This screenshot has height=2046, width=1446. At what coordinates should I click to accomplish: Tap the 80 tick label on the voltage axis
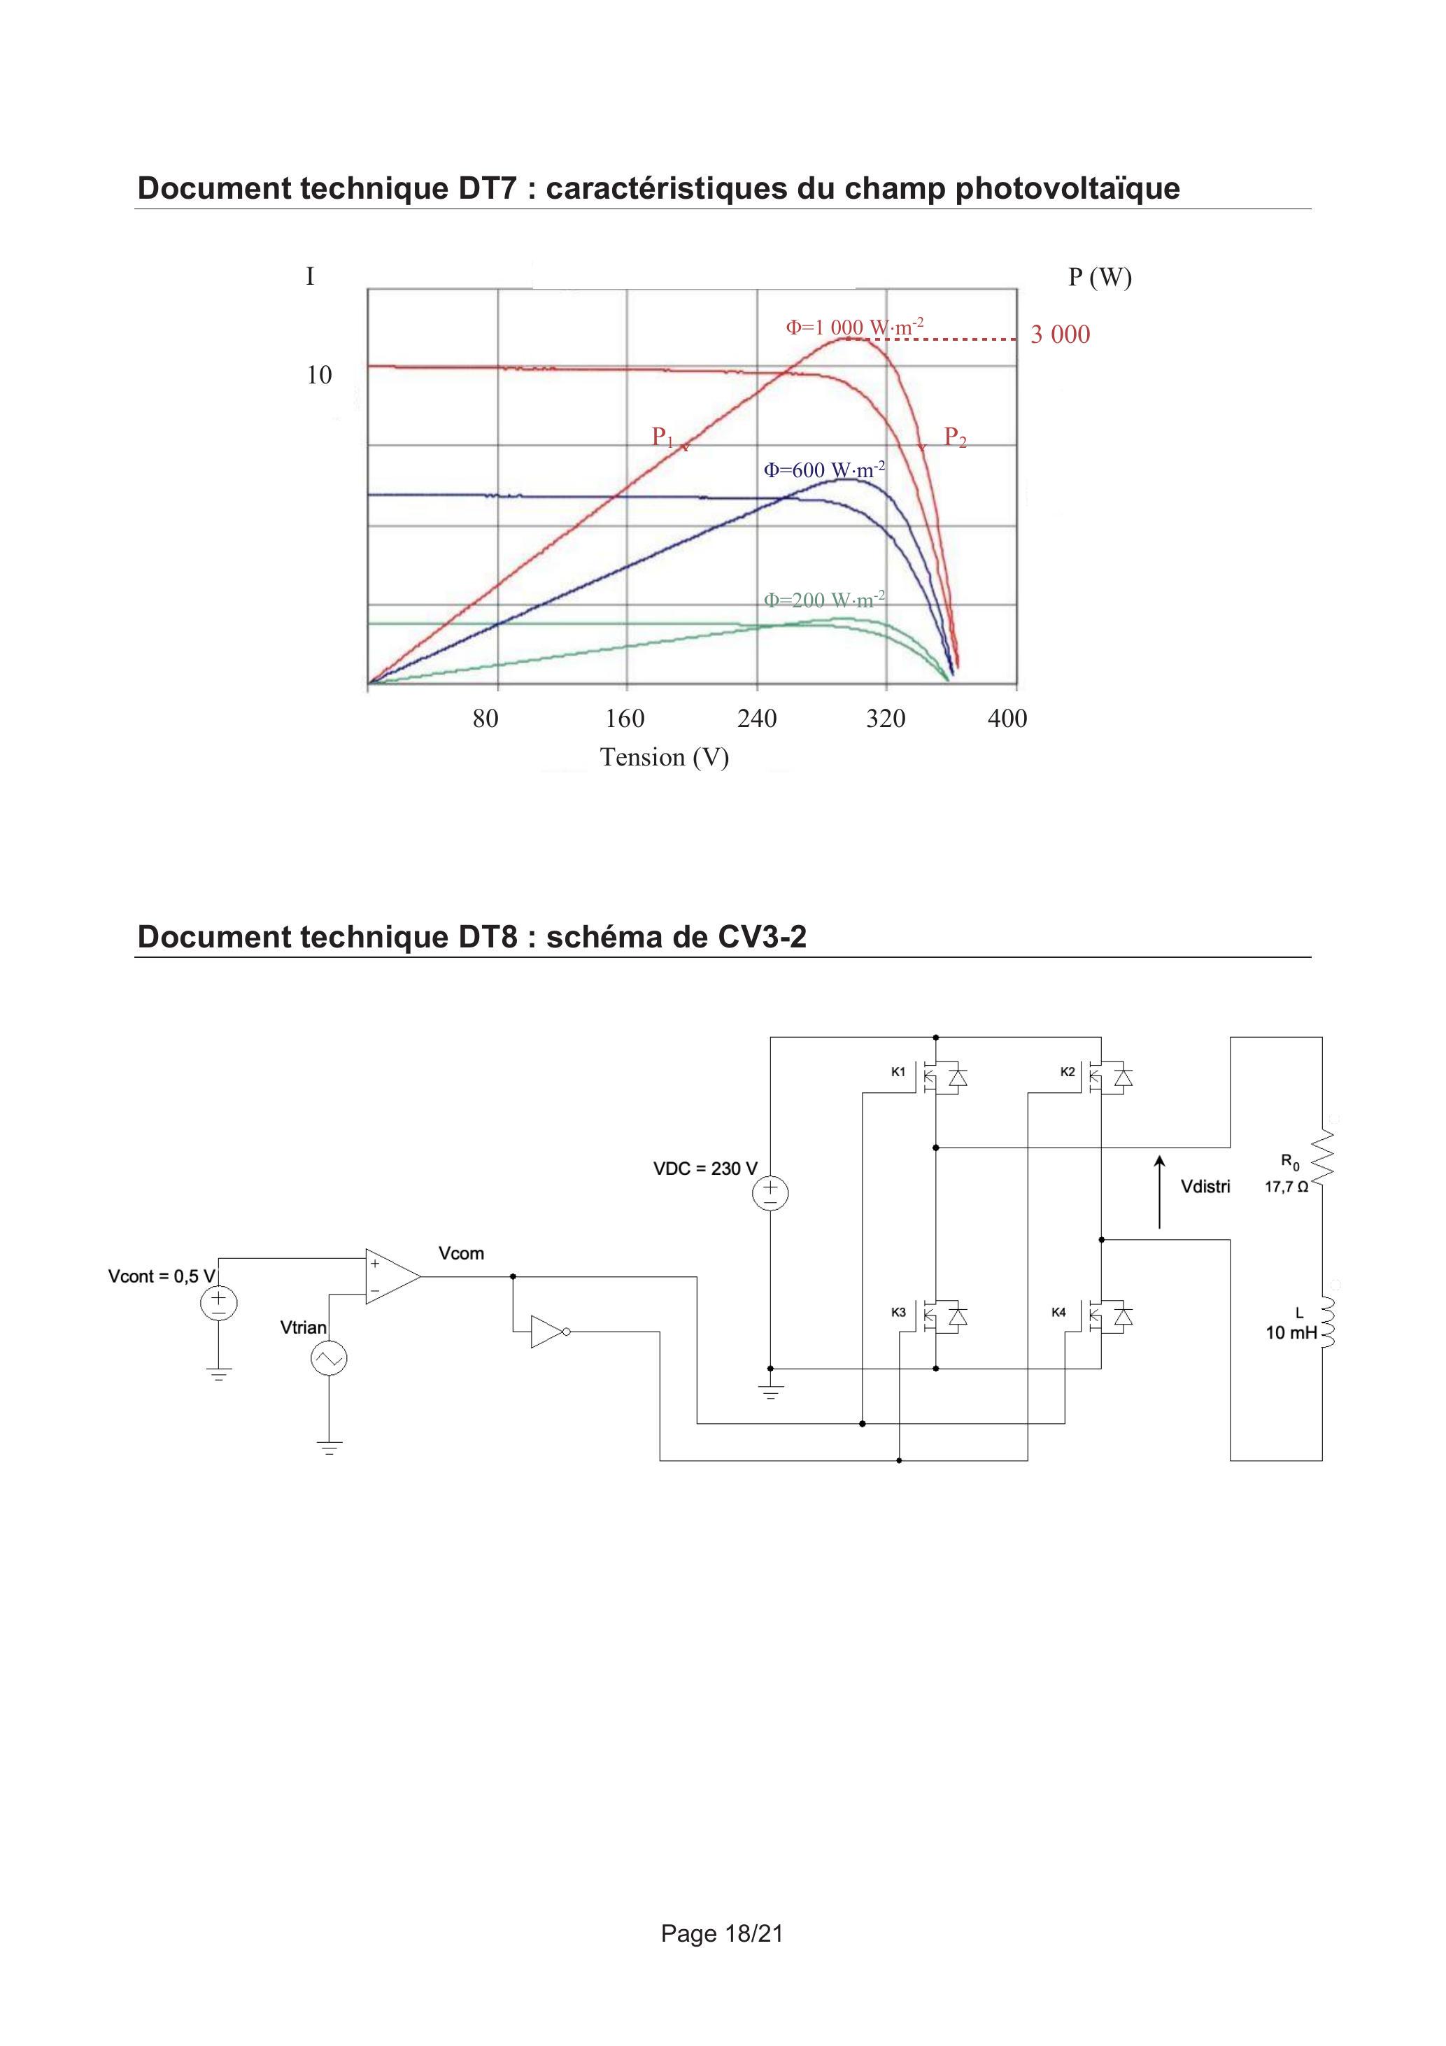485,718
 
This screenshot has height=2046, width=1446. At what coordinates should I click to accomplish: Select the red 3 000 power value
1061,334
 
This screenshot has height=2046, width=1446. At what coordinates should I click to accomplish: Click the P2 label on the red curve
955,437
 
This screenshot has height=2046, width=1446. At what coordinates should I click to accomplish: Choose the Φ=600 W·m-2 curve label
824,469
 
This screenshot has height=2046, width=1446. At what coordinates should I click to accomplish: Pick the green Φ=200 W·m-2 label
824,599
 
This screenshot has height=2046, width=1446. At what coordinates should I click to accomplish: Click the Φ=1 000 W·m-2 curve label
854,326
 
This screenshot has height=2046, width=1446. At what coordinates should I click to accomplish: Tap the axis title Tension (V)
665,756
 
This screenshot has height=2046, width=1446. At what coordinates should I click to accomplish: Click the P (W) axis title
1100,277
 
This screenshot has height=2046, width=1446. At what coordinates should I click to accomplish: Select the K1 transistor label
898,1072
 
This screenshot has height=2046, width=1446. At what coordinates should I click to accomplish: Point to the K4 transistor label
1058,1313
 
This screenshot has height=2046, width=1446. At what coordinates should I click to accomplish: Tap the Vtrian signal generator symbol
329,1359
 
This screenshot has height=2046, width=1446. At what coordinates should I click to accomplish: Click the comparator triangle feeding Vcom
392,1276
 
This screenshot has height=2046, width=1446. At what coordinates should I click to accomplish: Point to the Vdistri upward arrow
1159,1192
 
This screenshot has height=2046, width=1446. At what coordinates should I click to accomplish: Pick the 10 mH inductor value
1291,1333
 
